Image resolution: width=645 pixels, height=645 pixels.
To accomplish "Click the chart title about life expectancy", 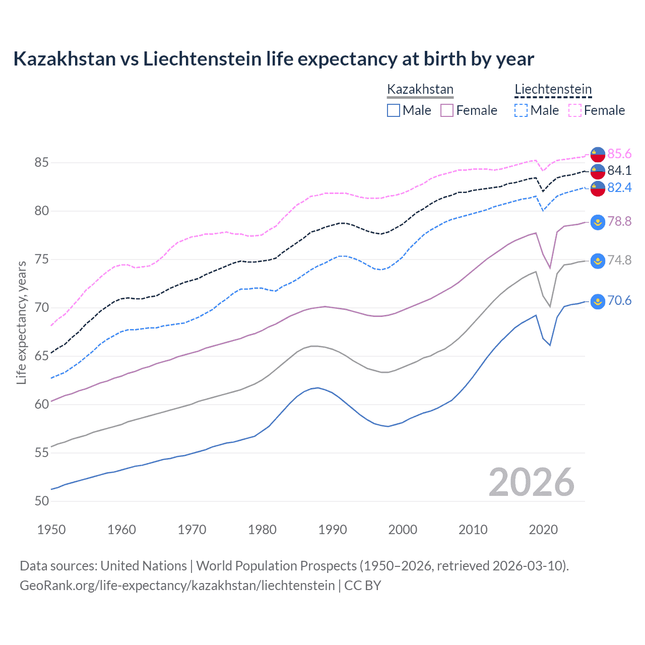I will click(x=273, y=59).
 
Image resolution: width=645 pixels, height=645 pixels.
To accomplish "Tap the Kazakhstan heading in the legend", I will click(x=420, y=90).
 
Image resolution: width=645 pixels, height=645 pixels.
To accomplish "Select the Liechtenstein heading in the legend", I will click(x=553, y=90).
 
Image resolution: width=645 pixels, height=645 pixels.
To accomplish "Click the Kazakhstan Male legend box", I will click(x=394, y=110).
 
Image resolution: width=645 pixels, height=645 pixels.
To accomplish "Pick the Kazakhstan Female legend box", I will click(x=447, y=110).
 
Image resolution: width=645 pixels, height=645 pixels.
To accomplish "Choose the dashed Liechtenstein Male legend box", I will click(x=521, y=110).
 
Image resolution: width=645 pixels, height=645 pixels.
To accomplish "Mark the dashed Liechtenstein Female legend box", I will click(x=575, y=110).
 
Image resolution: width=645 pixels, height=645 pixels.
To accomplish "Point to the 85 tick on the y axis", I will click(x=41, y=163).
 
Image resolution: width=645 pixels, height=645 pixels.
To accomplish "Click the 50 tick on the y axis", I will click(x=41, y=501).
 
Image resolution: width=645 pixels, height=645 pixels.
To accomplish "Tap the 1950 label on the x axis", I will click(x=51, y=530).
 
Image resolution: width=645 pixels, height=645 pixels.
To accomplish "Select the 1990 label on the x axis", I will click(x=333, y=530).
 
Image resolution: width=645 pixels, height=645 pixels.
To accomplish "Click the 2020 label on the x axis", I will click(x=543, y=530).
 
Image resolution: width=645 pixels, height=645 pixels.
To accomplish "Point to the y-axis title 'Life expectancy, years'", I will click(x=21, y=322).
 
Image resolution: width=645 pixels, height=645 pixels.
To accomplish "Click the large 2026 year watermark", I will click(x=531, y=482).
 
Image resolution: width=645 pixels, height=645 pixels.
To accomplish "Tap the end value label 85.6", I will click(x=619, y=154).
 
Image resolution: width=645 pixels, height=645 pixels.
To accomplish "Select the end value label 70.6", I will click(x=619, y=301).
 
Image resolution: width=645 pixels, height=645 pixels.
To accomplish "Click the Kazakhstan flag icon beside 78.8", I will click(x=598, y=222).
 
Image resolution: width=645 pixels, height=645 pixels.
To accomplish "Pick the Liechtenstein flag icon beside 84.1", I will click(x=598, y=171).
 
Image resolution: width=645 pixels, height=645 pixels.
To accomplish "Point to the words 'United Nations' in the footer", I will click(x=144, y=566).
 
